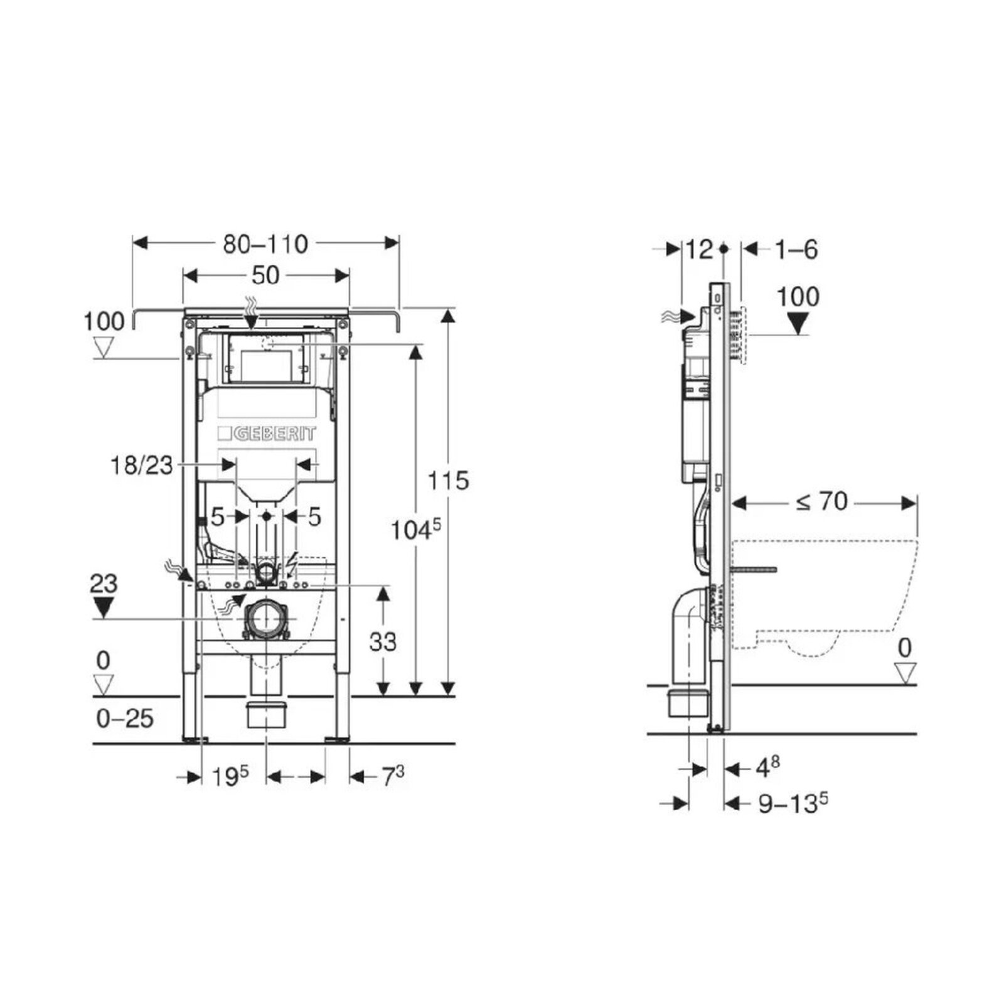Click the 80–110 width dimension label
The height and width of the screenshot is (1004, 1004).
click(x=265, y=244)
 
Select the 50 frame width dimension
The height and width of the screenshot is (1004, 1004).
click(x=265, y=275)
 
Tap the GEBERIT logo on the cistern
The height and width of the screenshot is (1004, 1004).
click(x=267, y=434)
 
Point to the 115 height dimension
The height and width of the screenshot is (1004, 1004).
click(x=448, y=481)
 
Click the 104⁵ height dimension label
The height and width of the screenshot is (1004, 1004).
click(x=416, y=530)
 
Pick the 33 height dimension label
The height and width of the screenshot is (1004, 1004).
click(x=383, y=642)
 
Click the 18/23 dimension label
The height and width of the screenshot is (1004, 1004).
click(x=141, y=466)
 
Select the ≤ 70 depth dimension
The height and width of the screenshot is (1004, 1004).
click(x=821, y=501)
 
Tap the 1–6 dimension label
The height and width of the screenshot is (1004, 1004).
click(x=796, y=250)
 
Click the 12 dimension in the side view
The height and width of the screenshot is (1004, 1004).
click(x=699, y=250)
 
